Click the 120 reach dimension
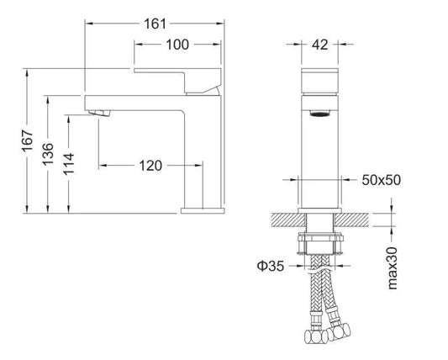[151, 167]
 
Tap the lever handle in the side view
[177, 77]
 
